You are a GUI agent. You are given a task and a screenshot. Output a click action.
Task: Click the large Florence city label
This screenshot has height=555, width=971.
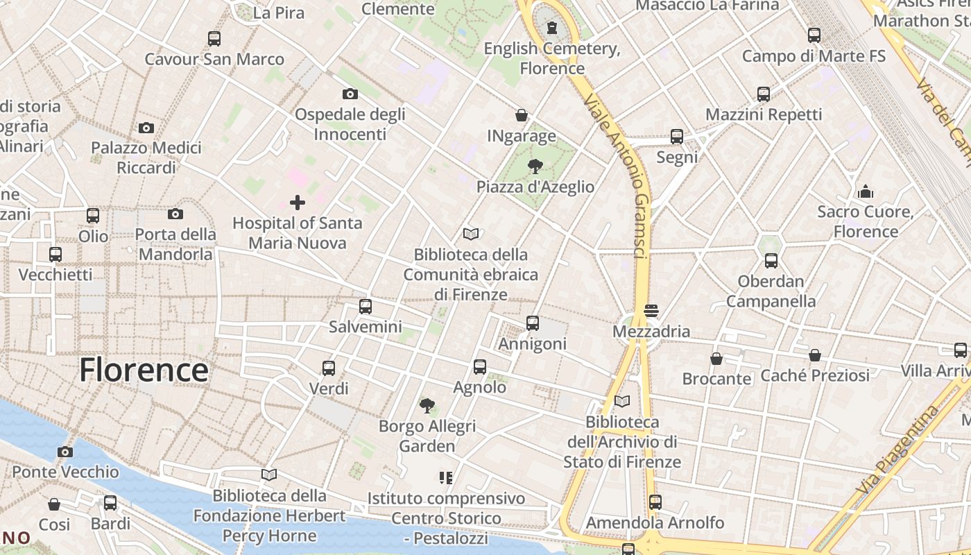pos(144,370)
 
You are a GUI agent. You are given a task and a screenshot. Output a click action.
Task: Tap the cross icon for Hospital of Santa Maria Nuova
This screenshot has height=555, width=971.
pos(298,203)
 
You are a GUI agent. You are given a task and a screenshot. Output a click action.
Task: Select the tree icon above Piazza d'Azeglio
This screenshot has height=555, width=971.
pos(535,166)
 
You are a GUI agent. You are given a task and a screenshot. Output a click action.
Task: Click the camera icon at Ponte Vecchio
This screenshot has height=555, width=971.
pos(65,452)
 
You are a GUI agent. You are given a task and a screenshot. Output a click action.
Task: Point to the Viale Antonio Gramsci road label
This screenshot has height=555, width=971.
pos(617,177)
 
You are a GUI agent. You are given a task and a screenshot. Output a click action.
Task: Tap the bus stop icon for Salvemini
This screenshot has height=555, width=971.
pos(366,306)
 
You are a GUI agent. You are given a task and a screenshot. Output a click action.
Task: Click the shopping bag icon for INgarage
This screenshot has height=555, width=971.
pos(522,115)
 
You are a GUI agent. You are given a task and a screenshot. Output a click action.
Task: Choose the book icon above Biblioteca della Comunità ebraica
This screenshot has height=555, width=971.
pos(471,234)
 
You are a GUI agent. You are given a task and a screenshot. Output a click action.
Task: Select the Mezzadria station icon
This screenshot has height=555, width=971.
pos(651,311)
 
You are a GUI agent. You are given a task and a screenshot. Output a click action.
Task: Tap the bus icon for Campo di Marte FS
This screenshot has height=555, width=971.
pos(814,35)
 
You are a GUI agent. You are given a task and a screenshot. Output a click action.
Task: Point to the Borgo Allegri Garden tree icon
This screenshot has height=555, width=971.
pos(427,405)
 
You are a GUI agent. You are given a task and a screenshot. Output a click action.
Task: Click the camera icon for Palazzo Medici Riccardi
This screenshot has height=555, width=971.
pos(146,128)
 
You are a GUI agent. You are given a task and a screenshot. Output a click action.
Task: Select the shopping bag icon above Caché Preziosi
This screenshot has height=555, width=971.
pos(815,355)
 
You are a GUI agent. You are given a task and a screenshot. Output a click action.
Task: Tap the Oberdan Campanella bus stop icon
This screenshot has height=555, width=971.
pos(771,261)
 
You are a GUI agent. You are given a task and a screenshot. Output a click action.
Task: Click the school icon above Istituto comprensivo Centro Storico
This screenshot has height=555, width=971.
pos(445,477)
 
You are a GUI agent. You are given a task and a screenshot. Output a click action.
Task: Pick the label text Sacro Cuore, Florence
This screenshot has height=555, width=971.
pos(866,221)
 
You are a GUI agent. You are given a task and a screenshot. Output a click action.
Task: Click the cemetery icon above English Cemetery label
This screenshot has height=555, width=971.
pos(551,28)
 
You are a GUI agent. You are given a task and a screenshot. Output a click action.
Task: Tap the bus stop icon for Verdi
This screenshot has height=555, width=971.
pos(329,368)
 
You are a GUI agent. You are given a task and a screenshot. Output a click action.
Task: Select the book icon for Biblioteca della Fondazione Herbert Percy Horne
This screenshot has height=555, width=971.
pos(269,475)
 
